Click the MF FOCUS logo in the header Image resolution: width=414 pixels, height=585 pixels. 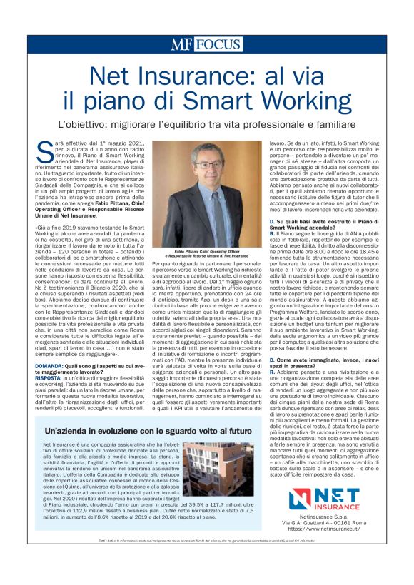(206, 44)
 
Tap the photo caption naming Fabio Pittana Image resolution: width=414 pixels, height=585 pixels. (196, 253)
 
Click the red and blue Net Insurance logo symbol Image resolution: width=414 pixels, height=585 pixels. (303, 497)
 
